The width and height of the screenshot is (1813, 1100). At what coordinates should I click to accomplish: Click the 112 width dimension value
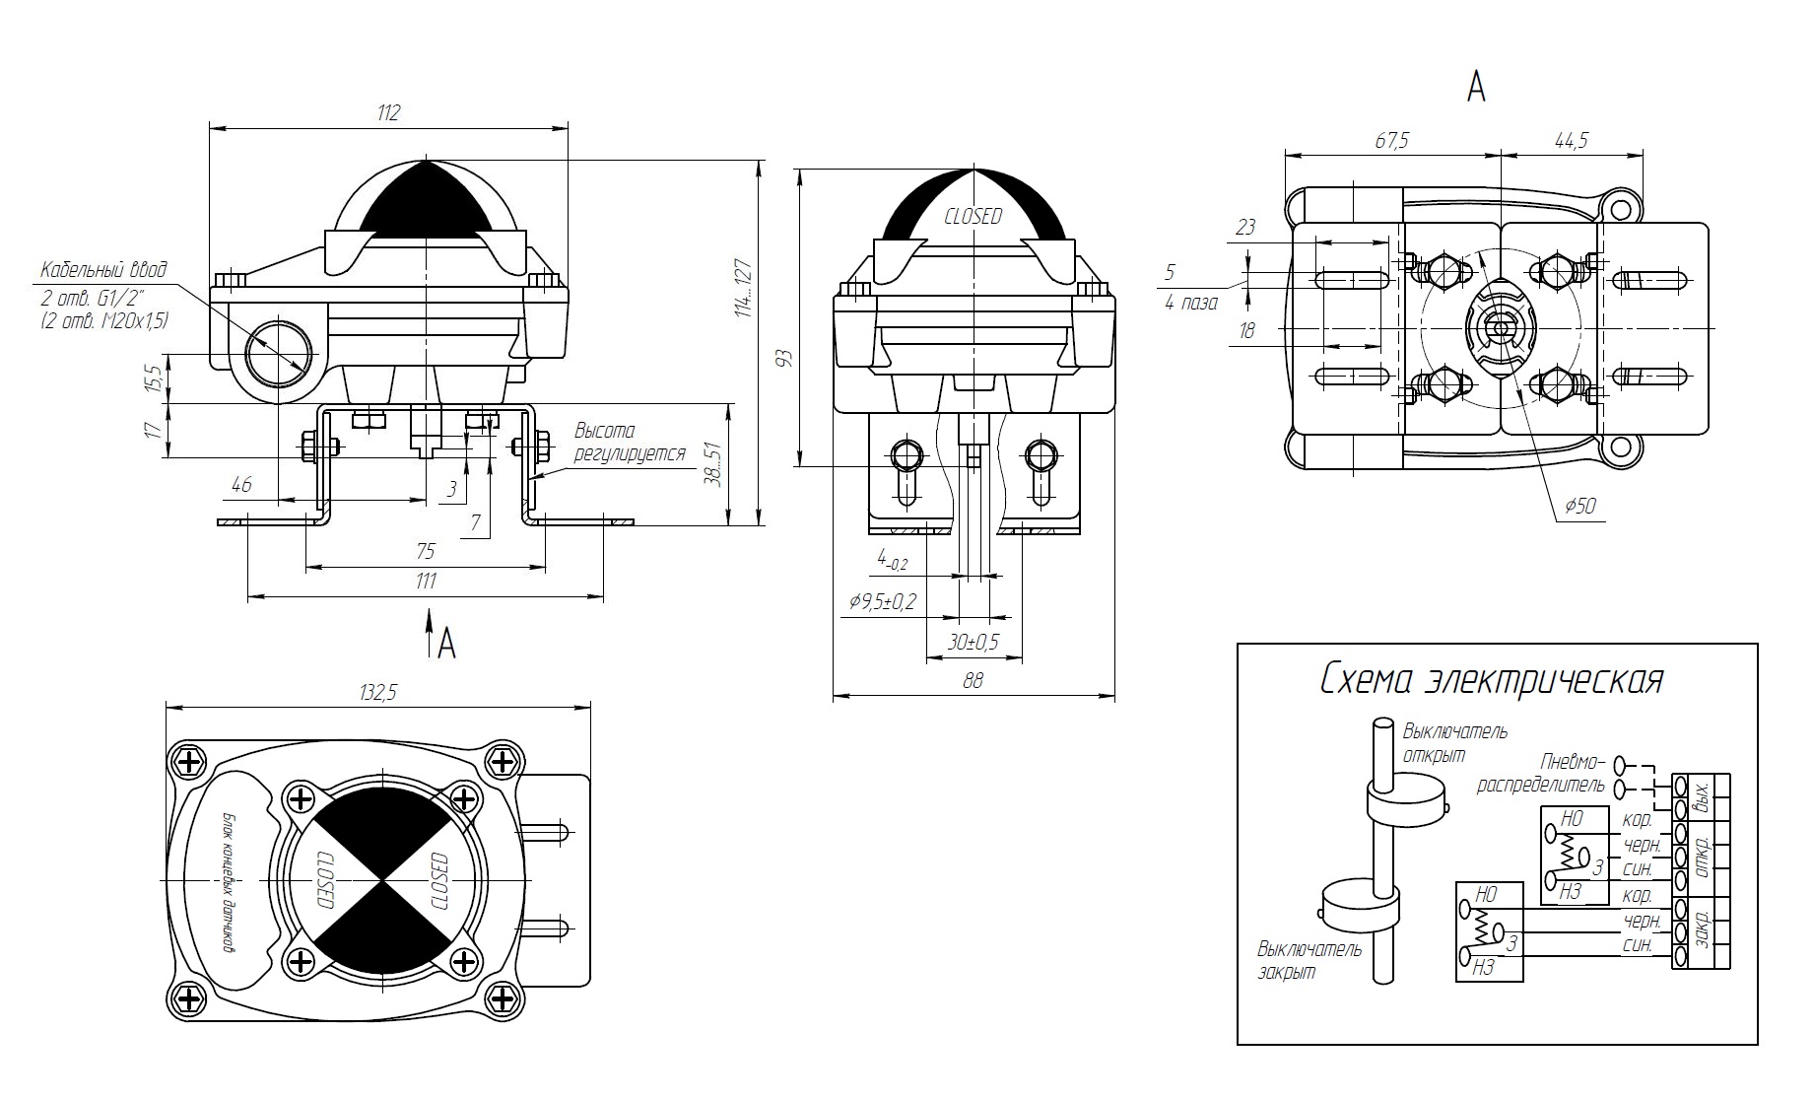(389, 113)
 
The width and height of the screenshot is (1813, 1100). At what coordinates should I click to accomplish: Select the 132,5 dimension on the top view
(377, 693)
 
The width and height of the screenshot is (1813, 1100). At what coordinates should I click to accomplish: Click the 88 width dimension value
(973, 680)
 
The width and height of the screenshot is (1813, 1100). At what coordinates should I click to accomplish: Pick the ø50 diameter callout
(1579, 507)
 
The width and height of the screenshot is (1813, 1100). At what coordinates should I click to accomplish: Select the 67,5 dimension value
(1391, 140)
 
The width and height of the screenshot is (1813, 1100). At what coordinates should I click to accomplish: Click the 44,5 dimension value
(1571, 140)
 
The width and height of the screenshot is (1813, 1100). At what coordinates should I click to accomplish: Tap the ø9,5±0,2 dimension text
(882, 601)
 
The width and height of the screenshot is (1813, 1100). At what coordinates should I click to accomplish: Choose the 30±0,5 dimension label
(973, 642)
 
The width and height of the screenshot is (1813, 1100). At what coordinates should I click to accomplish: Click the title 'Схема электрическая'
(1492, 680)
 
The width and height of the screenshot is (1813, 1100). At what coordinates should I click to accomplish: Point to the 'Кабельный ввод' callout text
(103, 269)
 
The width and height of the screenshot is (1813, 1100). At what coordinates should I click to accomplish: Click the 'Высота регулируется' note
(630, 443)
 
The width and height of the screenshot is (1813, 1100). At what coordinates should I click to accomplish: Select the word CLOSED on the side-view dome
(973, 216)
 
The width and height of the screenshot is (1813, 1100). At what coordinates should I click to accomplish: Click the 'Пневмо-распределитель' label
(1542, 775)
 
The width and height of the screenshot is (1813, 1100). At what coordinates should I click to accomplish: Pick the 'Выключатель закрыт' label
(1309, 960)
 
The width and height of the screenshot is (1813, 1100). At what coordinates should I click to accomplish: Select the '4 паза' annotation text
(1191, 303)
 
